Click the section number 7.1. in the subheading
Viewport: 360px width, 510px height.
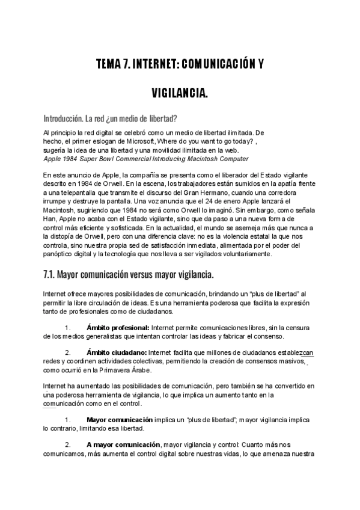coord(52,275)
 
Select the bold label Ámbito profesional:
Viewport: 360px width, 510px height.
coord(118,327)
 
